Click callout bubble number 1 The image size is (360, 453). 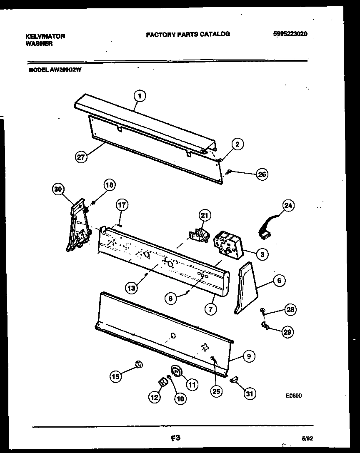(140, 96)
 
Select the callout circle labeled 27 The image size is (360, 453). (82, 157)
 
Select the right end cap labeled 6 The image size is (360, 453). (246, 287)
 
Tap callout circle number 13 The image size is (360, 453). (132, 287)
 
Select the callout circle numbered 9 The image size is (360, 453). (249, 356)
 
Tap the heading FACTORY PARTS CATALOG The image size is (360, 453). (187, 34)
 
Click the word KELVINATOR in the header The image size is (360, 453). (45, 36)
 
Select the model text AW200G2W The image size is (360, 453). (66, 70)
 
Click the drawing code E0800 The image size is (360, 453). (293, 396)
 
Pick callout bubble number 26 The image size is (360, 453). (262, 174)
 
